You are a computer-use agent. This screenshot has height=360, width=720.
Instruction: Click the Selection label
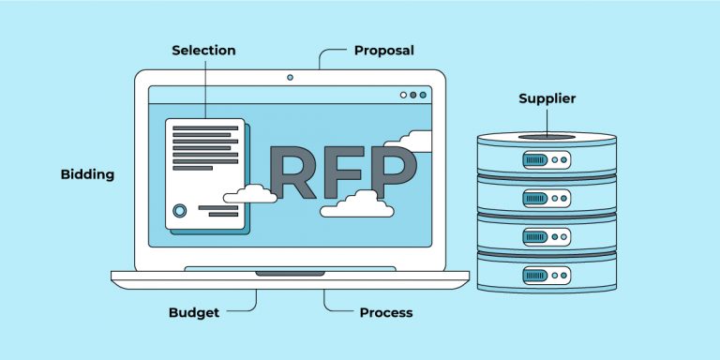click(203, 50)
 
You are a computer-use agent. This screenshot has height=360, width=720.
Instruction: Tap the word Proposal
click(383, 50)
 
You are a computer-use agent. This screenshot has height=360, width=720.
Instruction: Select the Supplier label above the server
click(547, 98)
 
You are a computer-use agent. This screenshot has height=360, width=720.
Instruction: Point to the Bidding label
click(87, 174)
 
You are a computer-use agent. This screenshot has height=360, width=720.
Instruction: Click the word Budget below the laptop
click(194, 312)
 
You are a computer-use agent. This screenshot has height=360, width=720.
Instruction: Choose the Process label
click(386, 312)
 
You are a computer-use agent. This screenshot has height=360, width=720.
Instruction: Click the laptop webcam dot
click(290, 76)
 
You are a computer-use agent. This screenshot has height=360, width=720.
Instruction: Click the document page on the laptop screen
click(204, 173)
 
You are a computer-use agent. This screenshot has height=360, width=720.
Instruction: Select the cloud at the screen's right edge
click(412, 141)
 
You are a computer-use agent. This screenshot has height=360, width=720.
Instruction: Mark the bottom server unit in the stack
click(547, 272)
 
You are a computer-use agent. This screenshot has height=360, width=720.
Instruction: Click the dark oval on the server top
click(547, 137)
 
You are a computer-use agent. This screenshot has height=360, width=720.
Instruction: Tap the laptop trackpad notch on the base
click(291, 273)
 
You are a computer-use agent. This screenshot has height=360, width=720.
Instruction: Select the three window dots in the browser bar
click(412, 95)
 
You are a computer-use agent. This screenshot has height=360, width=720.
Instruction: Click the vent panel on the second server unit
click(535, 199)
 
